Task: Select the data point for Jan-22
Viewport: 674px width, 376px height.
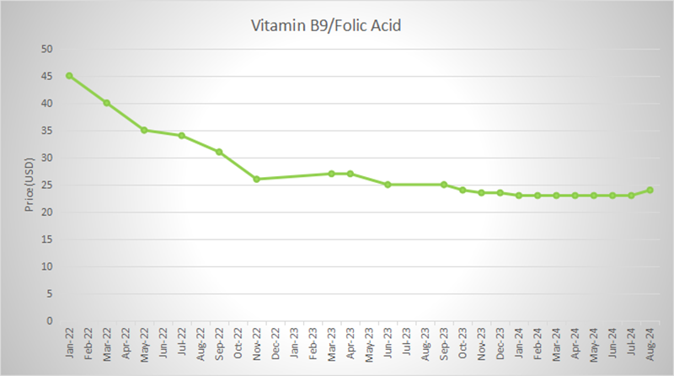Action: [x=69, y=75]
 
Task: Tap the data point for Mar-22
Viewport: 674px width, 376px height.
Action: [x=106, y=103]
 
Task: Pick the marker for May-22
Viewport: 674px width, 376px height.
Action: [x=144, y=130]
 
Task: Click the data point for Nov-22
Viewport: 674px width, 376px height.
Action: [x=256, y=179]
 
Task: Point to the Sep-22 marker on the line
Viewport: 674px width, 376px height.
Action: [x=219, y=152]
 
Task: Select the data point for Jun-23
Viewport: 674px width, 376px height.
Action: [x=388, y=184]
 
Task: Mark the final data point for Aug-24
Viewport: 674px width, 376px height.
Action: [x=650, y=190]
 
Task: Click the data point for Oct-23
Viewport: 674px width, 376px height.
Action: [x=463, y=190]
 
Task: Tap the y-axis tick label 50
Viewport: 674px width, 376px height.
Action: [x=47, y=49]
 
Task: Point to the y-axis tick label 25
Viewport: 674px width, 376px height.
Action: [x=47, y=185]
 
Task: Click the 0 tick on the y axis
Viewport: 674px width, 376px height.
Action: [x=51, y=320]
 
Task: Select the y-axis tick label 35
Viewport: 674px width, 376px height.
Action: [x=47, y=131]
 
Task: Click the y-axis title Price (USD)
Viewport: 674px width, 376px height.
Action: [x=27, y=185]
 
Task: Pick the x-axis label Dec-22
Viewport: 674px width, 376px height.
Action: [x=275, y=341]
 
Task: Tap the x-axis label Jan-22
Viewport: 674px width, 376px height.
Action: [x=69, y=341]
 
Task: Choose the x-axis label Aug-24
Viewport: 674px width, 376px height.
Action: [x=650, y=341]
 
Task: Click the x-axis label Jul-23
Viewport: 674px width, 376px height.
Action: [x=406, y=341]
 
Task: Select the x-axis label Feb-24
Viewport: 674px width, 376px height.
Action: [x=538, y=341]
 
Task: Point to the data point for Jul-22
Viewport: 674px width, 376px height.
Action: [x=181, y=135]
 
